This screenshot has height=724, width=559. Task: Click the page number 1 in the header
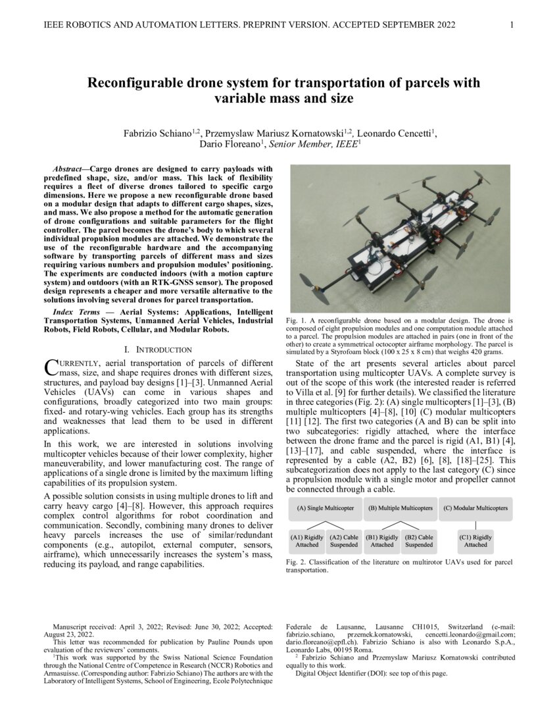click(x=512, y=25)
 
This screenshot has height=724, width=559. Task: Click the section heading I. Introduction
click(x=158, y=349)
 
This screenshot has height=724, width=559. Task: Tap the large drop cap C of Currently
click(x=50, y=367)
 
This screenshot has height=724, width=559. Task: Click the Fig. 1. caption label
click(x=295, y=320)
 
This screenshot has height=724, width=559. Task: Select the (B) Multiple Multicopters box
click(x=400, y=508)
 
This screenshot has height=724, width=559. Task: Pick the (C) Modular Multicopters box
click(x=475, y=508)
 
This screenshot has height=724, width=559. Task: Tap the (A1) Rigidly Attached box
click(x=307, y=540)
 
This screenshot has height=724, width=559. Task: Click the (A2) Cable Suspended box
click(x=344, y=540)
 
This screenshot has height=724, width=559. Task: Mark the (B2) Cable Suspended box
click(x=419, y=540)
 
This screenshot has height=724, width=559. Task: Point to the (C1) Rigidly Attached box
click(x=475, y=540)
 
